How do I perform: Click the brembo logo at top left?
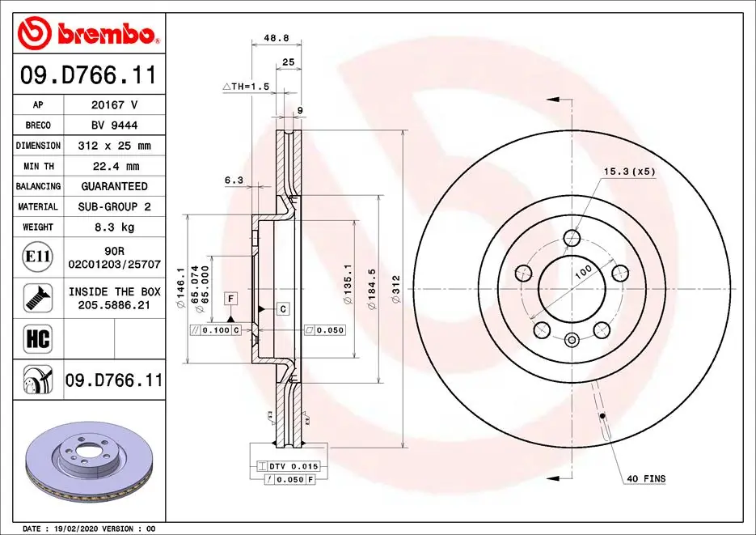coord(87,32)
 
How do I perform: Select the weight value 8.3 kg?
coord(113,227)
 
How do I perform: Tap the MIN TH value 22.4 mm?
coord(113,166)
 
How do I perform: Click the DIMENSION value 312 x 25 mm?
coord(113,146)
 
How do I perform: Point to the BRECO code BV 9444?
coord(113,125)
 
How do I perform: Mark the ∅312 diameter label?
coord(395,289)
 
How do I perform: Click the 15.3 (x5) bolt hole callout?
coord(630,172)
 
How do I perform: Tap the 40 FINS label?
coord(645,479)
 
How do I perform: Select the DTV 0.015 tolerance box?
coord(289,467)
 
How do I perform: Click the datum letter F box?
coord(230,299)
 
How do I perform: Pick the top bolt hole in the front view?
coord(572,237)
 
